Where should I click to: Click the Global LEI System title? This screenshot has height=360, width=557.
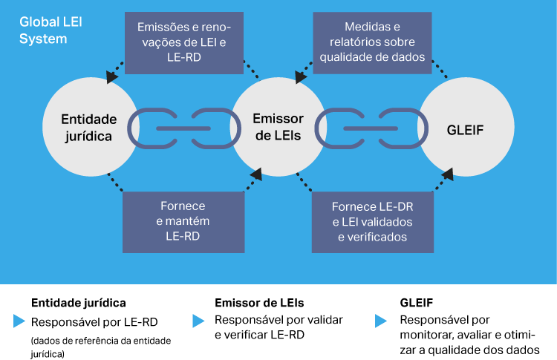51,30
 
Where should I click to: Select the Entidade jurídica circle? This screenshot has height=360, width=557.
88,128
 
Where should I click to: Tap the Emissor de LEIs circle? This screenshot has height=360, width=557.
278,128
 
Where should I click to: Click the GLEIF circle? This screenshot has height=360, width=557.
466,128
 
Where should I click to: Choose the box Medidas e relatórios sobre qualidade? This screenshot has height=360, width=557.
372,42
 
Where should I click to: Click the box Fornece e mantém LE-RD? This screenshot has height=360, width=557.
183,220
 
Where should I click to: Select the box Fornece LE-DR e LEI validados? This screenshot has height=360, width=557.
372,220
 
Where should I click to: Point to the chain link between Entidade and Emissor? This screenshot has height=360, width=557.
183,128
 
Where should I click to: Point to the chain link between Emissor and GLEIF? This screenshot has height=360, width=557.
372,128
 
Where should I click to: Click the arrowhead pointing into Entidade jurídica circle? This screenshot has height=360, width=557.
112,76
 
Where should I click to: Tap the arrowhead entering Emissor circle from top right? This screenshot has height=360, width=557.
301,76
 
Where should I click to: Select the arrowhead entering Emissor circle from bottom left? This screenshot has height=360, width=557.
256,175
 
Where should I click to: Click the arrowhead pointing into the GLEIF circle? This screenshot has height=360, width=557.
448,176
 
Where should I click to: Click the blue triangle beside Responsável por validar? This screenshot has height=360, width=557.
198,321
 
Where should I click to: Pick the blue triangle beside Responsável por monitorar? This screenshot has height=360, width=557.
381,321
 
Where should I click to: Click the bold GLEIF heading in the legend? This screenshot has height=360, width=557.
417,304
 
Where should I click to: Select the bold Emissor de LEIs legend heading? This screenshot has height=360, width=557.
259,304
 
